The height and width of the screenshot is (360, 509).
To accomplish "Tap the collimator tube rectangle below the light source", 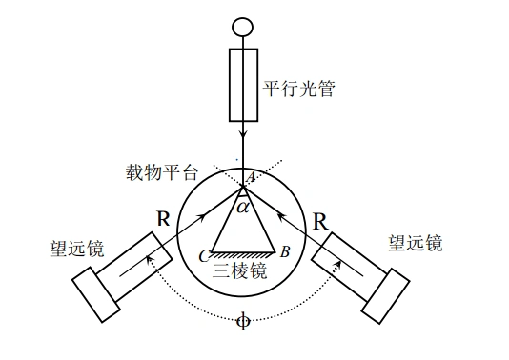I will click(244, 85).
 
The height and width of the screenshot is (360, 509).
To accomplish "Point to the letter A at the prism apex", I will click(251, 178).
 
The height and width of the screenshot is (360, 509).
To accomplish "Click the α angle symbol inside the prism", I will click(243, 206).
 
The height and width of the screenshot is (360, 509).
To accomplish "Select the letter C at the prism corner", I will click(203, 254).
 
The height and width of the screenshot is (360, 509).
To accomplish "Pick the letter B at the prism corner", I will click(284, 253).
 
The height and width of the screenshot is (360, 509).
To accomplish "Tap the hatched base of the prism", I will click(243, 254).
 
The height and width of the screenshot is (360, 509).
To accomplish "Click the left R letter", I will click(165, 218).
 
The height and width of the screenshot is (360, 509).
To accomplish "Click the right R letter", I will click(320, 223).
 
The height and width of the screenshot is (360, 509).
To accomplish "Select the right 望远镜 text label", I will click(416, 243).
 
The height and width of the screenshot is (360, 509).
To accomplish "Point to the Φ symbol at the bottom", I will click(243, 321).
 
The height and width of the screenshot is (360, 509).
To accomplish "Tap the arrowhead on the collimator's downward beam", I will click(244, 136).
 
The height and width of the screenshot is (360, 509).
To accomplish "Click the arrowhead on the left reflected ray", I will click(202, 219).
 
